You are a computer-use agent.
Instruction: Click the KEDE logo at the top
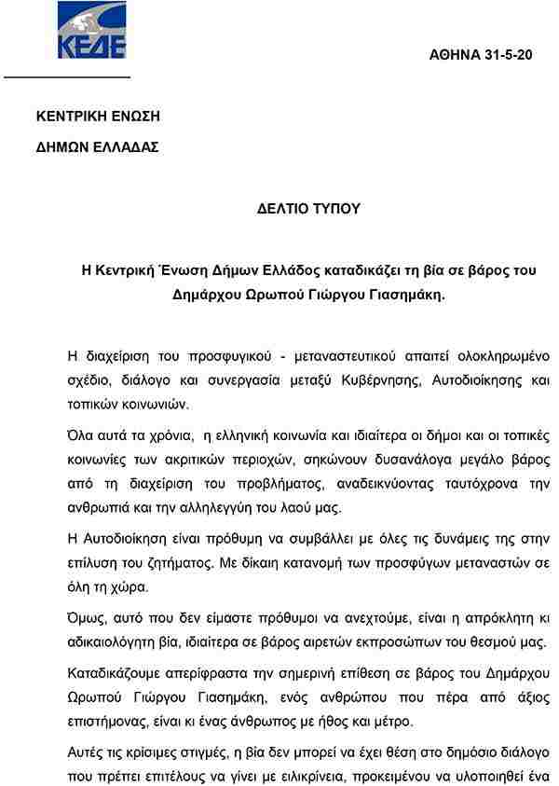click(x=90, y=31)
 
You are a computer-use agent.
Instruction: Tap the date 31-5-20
click(x=509, y=56)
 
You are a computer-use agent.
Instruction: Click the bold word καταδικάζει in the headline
click(x=355, y=271)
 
